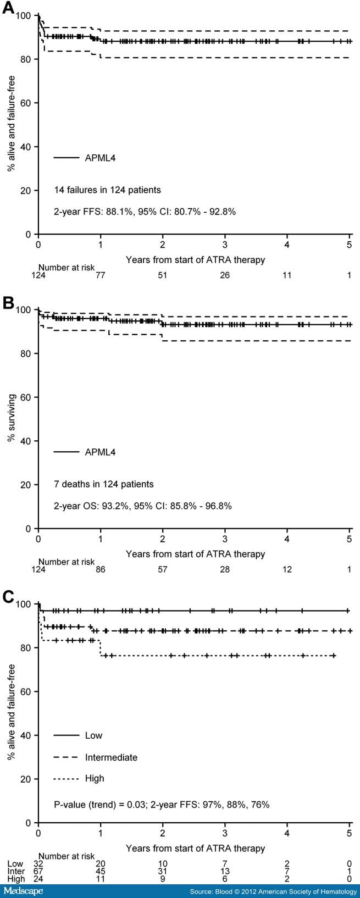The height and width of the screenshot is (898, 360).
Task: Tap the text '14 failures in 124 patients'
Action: pyautogui.click(x=107, y=190)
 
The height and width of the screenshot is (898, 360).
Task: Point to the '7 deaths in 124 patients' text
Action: pyautogui.click(x=103, y=484)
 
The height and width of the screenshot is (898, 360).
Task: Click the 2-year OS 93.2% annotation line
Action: pyautogui.click(x=142, y=506)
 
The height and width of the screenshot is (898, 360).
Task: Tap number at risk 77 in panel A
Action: pyautogui.click(x=100, y=275)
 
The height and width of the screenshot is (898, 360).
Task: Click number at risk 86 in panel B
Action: pyautogui.click(x=100, y=570)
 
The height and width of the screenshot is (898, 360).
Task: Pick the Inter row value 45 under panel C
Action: pyautogui.click(x=100, y=872)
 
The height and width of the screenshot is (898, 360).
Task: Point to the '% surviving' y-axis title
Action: pyautogui.click(x=10, y=419)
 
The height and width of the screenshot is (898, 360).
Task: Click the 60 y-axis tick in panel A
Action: pyautogui.click(x=26, y=103)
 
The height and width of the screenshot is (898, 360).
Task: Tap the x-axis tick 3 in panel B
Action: pyautogui.click(x=225, y=540)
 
